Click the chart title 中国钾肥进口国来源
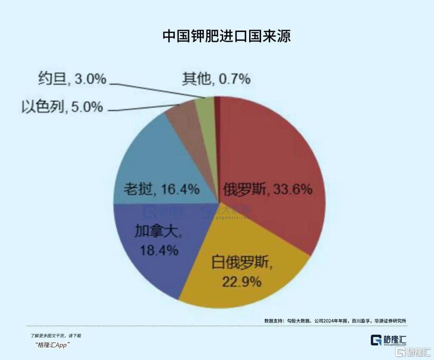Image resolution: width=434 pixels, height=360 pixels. point(226,36)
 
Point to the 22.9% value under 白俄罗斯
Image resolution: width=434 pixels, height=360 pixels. point(242,282)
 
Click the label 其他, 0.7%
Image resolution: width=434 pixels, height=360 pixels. point(216,79)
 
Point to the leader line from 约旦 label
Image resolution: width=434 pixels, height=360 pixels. point(157,91)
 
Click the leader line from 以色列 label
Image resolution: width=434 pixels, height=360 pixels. point(141,109)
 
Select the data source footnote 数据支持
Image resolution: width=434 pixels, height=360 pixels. point(335,321)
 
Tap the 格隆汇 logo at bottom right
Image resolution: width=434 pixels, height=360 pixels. point(388,340)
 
